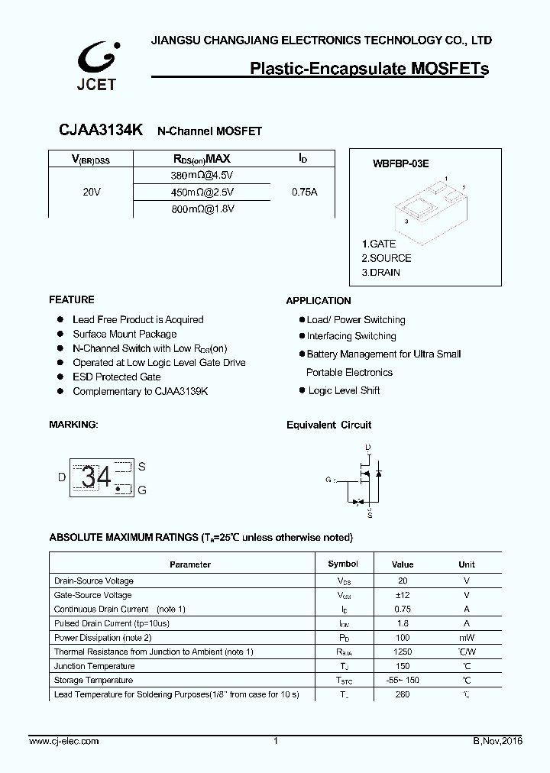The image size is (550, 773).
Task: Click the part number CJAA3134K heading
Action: [100, 131]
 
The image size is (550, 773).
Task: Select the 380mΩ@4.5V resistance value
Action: [202, 176]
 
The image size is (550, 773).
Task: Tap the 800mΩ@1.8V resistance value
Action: [202, 209]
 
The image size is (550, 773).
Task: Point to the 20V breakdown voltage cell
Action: [91, 192]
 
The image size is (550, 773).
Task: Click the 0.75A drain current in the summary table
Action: [304, 192]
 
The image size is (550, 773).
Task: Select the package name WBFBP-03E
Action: [400, 163]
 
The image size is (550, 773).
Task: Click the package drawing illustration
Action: [431, 205]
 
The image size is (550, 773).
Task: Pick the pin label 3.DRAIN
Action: [381, 272]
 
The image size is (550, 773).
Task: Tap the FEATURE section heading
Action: [72, 299]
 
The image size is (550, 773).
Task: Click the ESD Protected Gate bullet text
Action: [116, 377]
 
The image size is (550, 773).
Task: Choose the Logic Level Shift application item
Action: [344, 390]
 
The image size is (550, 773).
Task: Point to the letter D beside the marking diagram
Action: [62, 477]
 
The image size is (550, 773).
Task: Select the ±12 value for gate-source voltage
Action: [402, 595]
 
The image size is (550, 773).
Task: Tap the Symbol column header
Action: [342, 564]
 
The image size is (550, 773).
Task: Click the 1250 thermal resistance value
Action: [402, 652]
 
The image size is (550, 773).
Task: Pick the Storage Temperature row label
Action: [93, 680]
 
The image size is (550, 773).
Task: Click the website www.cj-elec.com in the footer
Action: [63, 741]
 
